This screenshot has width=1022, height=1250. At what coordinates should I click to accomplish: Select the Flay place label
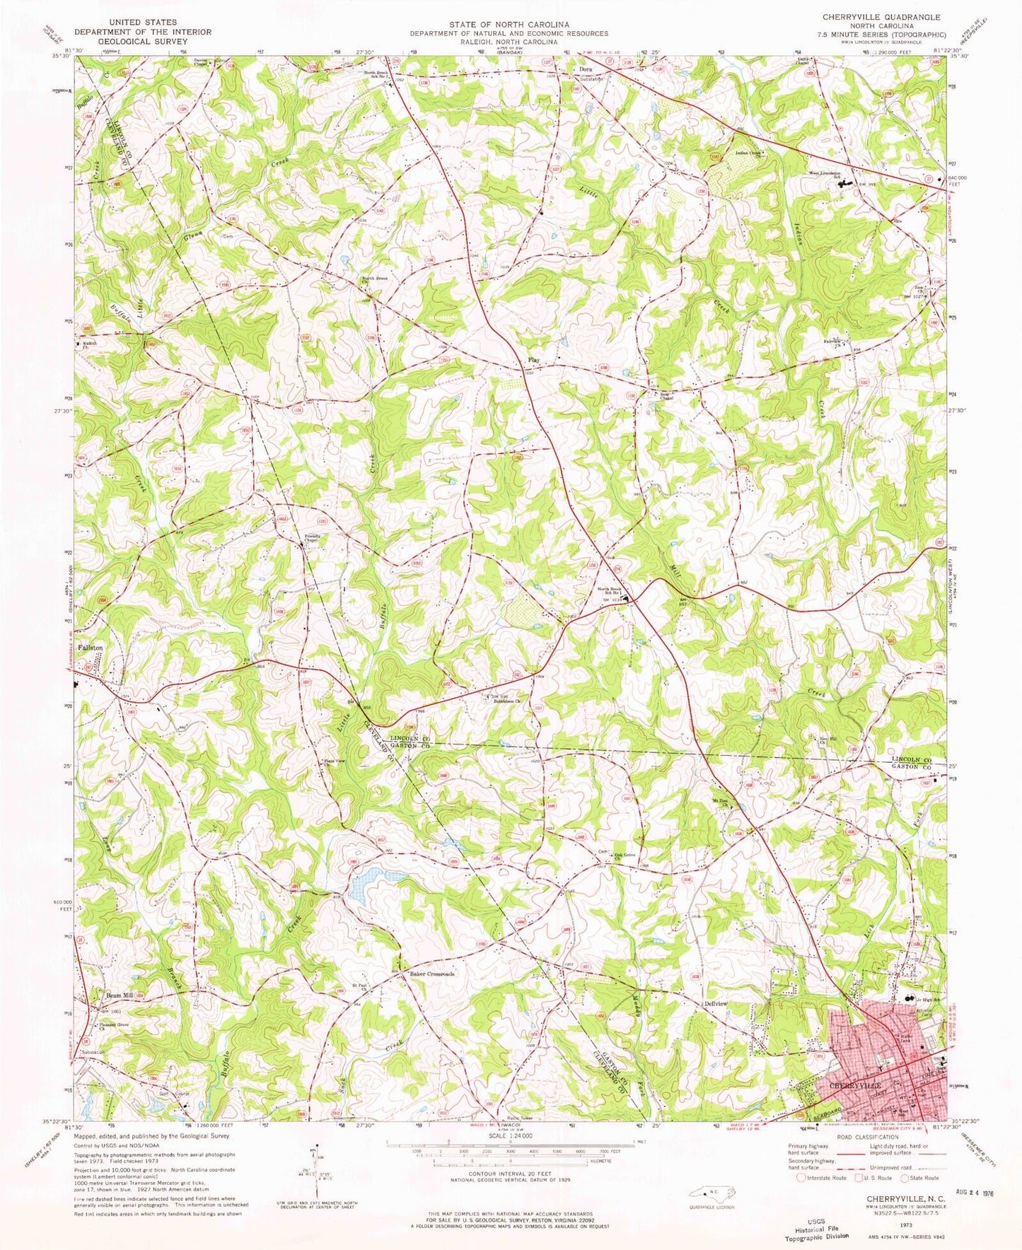tap(533, 361)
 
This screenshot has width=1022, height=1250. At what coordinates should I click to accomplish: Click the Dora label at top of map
tap(584, 69)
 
